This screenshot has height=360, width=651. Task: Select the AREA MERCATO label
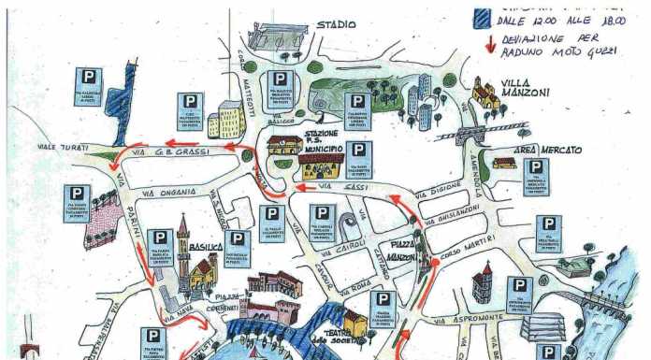547,150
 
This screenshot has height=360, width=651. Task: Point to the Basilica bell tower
184,245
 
